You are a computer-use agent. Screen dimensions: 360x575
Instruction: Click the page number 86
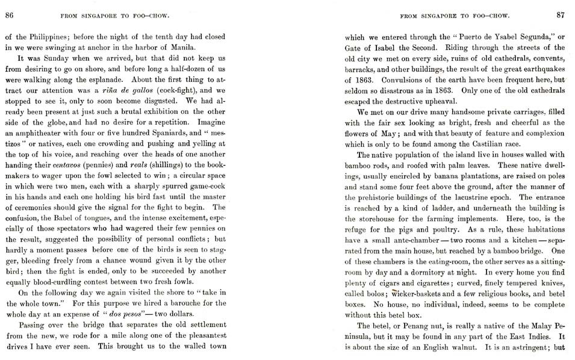point(9,16)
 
